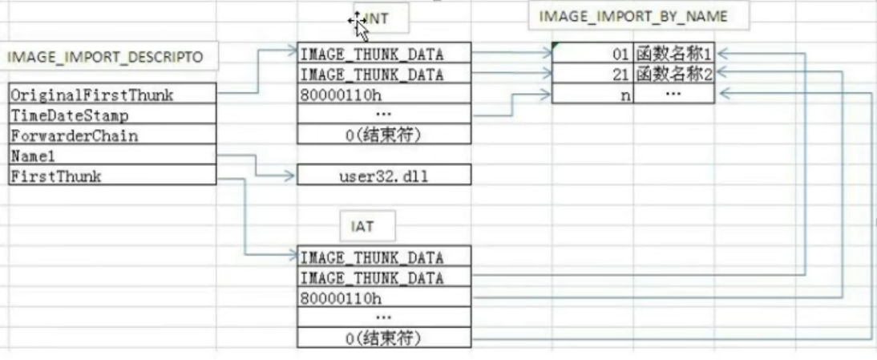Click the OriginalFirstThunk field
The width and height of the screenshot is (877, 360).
[111, 95]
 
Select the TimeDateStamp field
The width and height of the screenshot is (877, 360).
[111, 115]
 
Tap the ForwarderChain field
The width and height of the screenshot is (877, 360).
[111, 136]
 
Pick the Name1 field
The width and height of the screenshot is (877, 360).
[111, 156]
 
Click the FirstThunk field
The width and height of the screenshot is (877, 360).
[111, 176]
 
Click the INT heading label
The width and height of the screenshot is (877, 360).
[377, 18]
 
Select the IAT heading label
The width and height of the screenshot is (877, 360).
[362, 228]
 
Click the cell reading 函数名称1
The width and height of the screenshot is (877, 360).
[673, 55]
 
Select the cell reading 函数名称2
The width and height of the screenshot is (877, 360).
[673, 75]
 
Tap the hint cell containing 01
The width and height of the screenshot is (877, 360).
[593, 55]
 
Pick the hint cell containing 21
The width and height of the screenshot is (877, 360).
[593, 75]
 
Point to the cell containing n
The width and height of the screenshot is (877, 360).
[593, 95]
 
